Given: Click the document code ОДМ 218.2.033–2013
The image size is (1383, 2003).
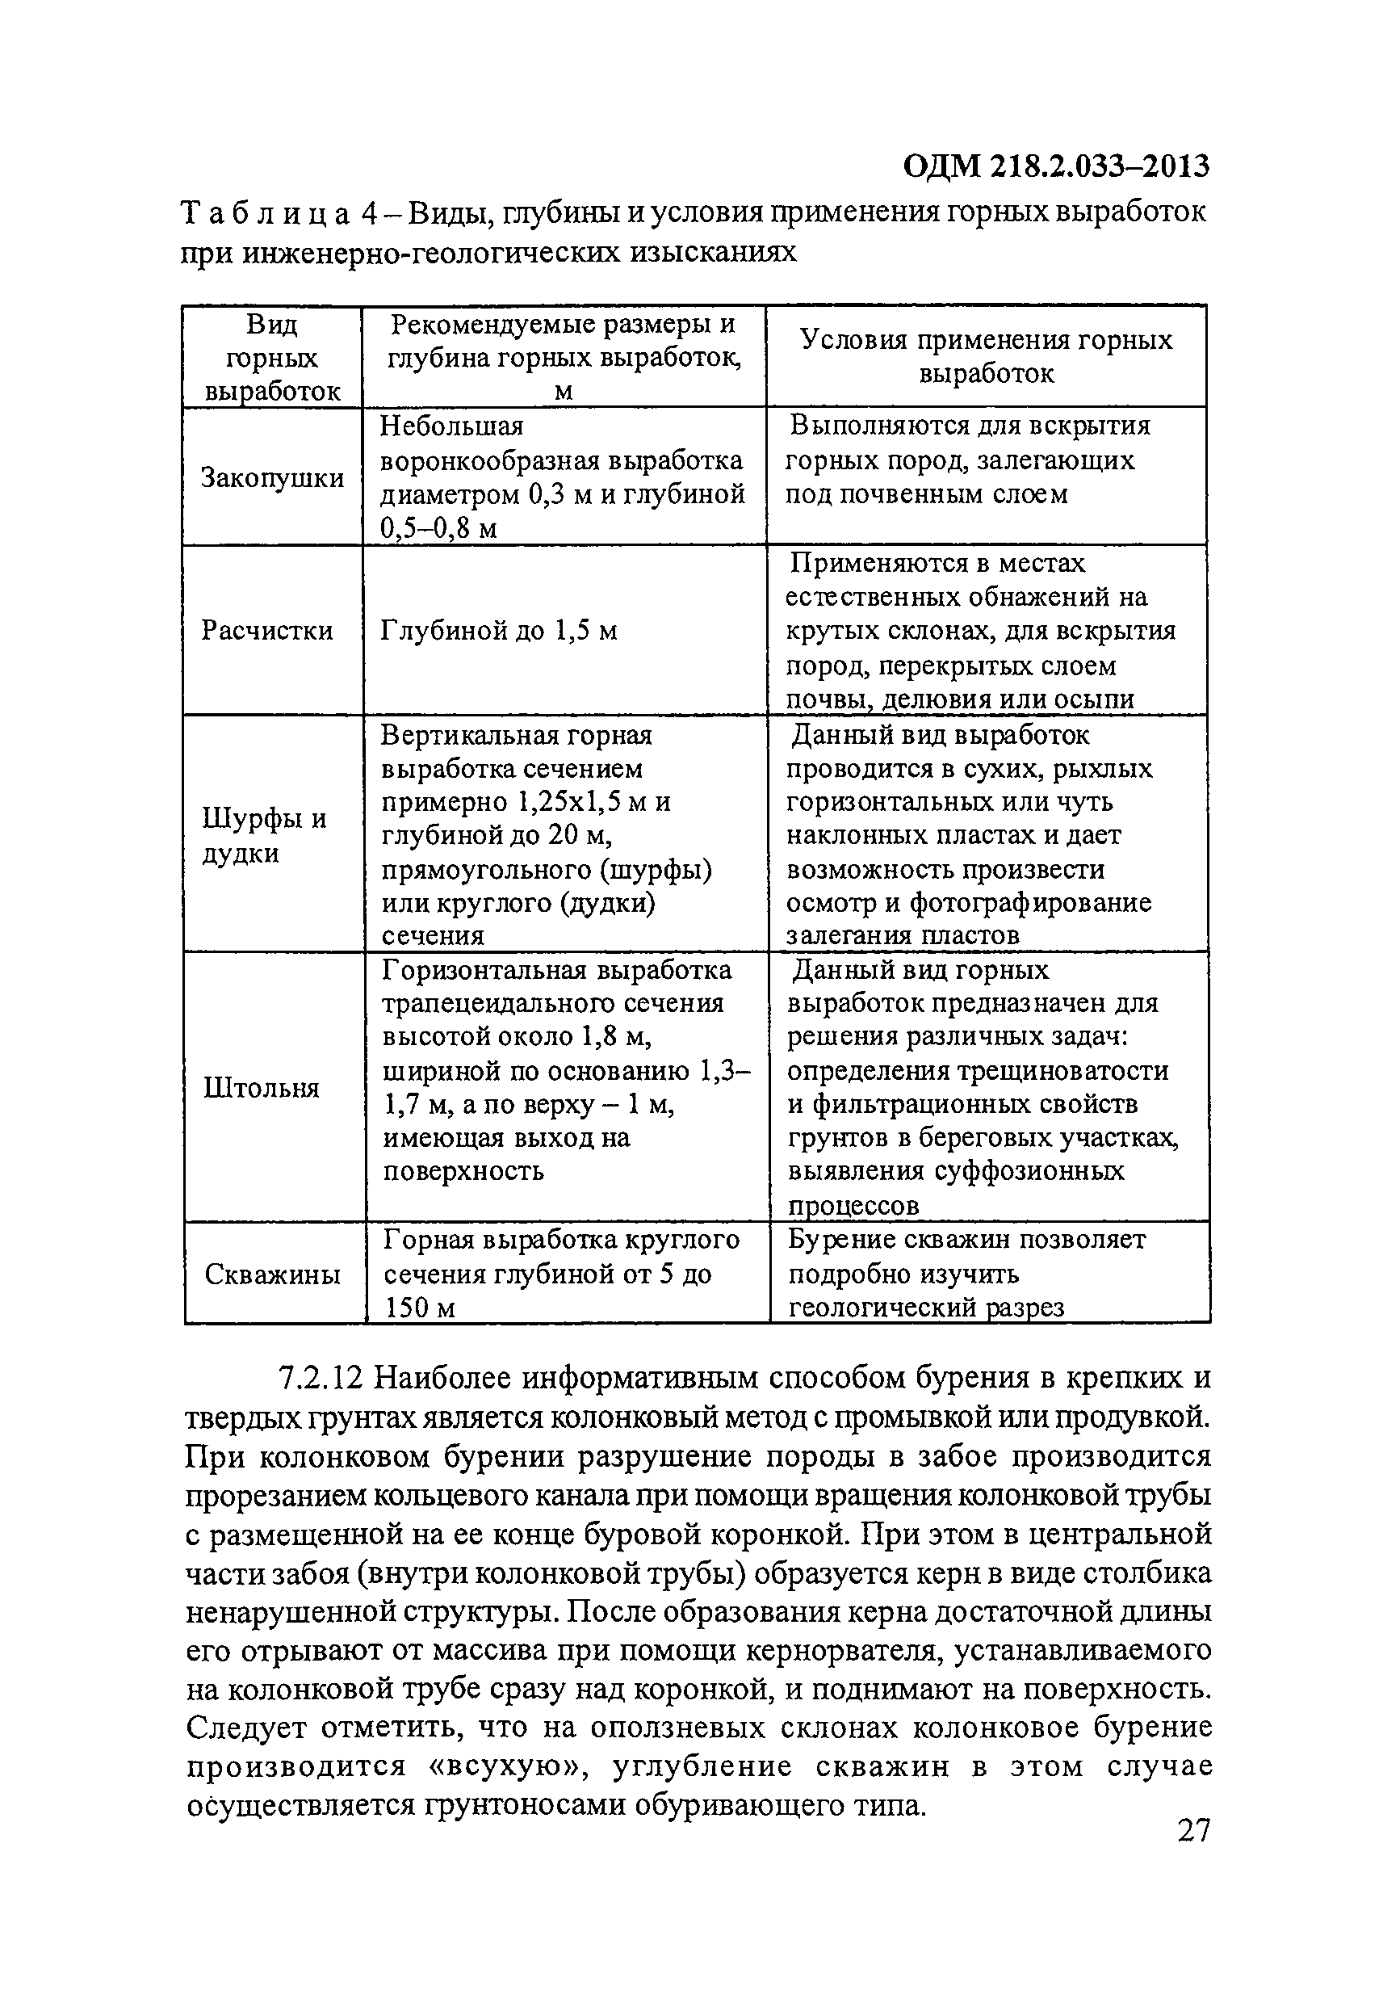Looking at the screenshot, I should coord(1055,166).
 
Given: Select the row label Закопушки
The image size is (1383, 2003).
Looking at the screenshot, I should coord(272,477).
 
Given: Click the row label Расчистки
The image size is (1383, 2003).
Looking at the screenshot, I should coord(267,629).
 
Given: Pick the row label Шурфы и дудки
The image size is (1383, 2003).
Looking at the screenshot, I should coord(263,835).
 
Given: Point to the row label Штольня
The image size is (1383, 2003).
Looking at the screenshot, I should coord(262,1088).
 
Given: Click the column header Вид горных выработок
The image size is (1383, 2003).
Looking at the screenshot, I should coord(272,358).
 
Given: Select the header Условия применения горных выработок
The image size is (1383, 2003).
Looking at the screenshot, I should coord(986,356).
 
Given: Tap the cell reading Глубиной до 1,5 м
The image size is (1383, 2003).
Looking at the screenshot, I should coord(499,630).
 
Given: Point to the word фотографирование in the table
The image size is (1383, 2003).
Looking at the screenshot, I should coord(1030,902).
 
